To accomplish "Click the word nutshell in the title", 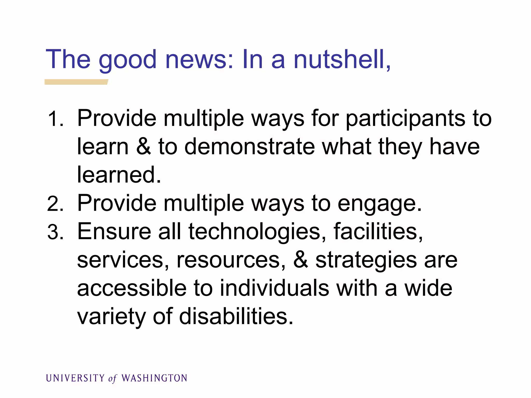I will pos(342,60).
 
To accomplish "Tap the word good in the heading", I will pos(128,60).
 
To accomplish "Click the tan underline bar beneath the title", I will pos(76,82).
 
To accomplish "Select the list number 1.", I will pos(55,119).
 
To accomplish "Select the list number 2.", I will pos(55,204).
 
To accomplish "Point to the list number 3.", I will pos(55,232).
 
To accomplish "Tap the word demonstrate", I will pos(249,147).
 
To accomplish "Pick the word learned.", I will pos(119,175).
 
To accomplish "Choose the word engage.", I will pos(380,204).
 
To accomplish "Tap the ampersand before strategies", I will pos(301,260).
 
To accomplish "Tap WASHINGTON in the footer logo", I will pos(154,378).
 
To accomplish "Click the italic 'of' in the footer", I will pos(113,379).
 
